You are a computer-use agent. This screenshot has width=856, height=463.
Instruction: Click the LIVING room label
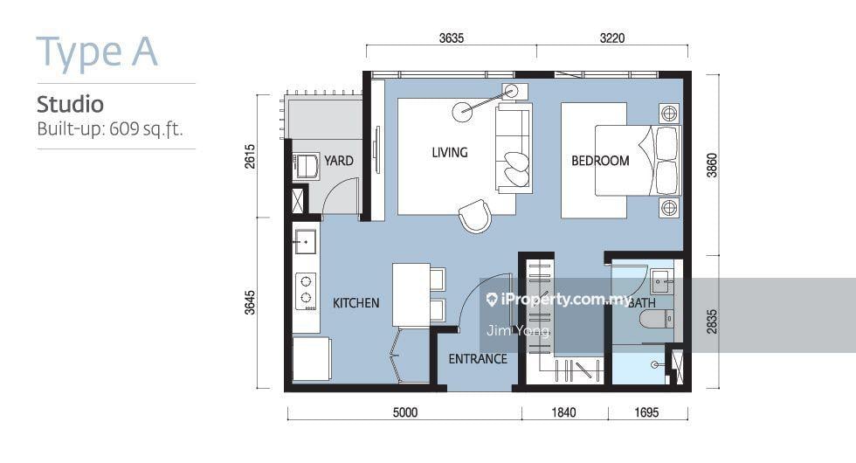click(449, 152)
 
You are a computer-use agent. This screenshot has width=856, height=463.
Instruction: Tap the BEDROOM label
click(600, 161)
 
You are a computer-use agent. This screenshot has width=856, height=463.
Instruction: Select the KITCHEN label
click(356, 303)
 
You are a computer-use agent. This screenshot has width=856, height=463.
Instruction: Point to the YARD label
click(339, 161)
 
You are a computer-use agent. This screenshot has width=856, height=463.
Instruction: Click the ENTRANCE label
click(478, 359)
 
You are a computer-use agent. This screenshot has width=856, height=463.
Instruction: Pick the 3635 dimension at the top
click(452, 38)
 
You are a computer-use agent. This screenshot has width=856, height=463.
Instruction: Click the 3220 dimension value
click(612, 38)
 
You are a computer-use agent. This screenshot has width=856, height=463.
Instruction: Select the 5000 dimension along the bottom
click(405, 412)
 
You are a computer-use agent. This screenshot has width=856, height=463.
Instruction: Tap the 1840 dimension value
click(563, 412)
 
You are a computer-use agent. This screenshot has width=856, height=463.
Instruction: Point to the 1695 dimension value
click(646, 412)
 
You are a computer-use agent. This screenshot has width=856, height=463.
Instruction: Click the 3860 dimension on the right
click(712, 165)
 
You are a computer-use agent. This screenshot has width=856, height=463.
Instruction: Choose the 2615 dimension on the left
click(250, 155)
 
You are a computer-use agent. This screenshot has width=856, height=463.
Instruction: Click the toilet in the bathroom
click(656, 319)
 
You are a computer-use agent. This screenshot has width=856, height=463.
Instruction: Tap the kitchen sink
click(305, 241)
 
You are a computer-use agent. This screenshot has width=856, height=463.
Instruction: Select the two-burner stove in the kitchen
click(306, 291)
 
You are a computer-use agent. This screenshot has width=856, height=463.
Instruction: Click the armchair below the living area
click(475, 216)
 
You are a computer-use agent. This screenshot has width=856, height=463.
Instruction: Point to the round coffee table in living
click(463, 112)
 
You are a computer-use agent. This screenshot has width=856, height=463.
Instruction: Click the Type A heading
click(97, 53)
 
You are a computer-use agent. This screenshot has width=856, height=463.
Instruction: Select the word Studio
click(70, 104)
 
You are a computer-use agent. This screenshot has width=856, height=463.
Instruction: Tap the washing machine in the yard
click(307, 167)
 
